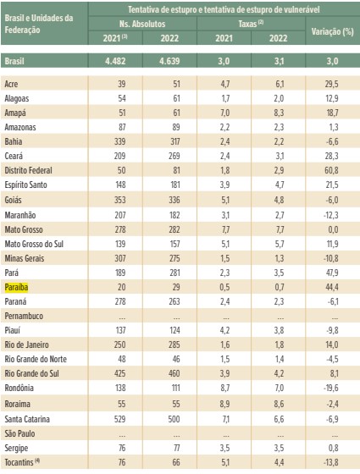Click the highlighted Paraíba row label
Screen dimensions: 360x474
[x=16, y=287]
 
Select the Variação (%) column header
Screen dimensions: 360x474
[x=332, y=31]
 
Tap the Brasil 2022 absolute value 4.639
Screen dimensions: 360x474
[x=169, y=61]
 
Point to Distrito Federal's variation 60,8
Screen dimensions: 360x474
[x=331, y=170]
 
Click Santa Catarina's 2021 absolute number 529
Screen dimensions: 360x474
[x=119, y=419]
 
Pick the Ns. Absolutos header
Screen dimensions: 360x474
[x=142, y=24]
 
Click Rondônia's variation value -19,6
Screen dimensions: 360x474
[x=331, y=388]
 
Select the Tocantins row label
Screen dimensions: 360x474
[x=22, y=462]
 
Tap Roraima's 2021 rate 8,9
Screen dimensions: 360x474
[x=224, y=404]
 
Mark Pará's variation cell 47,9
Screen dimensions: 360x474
[x=332, y=273]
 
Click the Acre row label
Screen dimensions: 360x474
[x=11, y=84]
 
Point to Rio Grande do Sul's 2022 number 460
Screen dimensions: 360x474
[x=174, y=373]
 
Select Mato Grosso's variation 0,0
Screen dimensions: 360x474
[x=333, y=229]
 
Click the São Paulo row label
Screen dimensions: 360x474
[x=19, y=433]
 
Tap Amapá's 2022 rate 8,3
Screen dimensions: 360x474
[x=279, y=113]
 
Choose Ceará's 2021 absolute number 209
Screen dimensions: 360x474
[x=119, y=156]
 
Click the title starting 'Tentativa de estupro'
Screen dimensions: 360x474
[x=224, y=9]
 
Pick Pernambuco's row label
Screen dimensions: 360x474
[x=24, y=316]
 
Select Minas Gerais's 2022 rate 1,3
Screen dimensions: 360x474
[x=279, y=258]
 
